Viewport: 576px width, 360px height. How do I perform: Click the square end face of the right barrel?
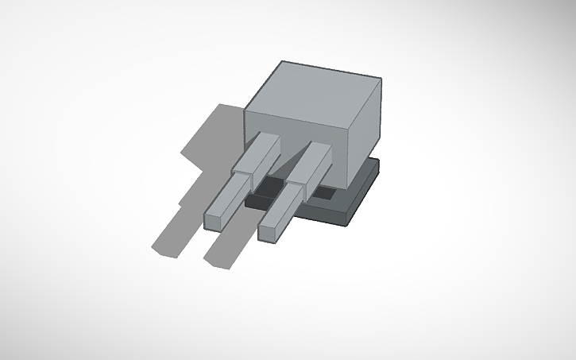pos(269,232)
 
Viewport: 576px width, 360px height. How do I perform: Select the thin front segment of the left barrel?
pos(231,198)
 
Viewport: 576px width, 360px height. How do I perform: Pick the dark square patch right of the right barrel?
pos(324,192)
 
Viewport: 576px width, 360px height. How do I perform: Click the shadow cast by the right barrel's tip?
pos(222,253)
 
